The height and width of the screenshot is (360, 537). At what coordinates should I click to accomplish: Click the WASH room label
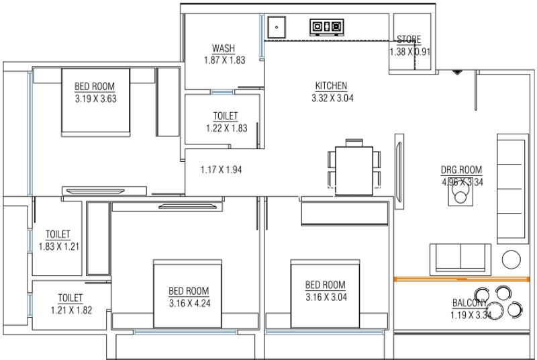click(224, 48)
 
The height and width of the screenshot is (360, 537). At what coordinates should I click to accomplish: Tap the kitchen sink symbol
click(277, 27)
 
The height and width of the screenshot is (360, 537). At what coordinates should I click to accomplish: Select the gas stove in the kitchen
click(327, 27)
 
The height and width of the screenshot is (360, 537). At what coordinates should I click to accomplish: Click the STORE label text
click(409, 40)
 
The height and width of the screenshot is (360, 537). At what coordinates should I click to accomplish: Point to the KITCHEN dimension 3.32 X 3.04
click(332, 98)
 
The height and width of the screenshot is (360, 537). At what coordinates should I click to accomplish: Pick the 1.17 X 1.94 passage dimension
click(221, 169)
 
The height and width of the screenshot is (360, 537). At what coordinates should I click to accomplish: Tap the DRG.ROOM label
click(461, 170)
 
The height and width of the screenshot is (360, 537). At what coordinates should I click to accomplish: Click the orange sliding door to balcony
click(462, 279)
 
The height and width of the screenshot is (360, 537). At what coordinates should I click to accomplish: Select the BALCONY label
click(469, 303)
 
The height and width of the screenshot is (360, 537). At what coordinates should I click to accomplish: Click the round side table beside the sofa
click(511, 259)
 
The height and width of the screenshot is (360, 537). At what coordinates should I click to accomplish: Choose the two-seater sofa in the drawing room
click(460, 259)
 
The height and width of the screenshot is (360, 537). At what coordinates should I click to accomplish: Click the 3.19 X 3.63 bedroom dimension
click(95, 99)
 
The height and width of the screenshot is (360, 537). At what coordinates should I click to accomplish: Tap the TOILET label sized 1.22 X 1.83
click(226, 116)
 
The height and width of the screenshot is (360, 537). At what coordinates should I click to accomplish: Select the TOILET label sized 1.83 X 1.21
click(58, 234)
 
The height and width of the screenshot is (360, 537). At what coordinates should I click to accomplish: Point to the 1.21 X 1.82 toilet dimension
click(71, 310)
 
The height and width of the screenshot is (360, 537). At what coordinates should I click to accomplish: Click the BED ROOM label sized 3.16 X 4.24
click(189, 291)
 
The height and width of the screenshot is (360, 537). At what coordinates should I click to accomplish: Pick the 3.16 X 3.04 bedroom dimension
click(326, 297)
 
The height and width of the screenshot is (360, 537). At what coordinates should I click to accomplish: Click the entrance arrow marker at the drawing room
click(457, 73)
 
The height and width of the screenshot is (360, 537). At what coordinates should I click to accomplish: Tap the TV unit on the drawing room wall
click(399, 171)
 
